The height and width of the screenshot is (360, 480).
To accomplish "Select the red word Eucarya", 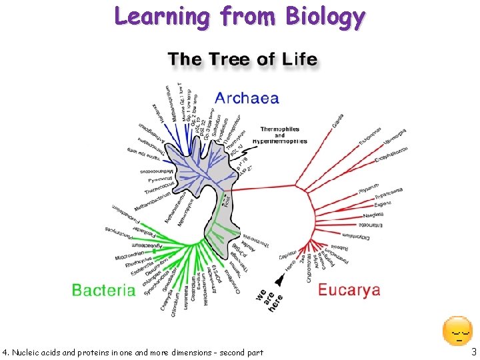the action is [349, 290].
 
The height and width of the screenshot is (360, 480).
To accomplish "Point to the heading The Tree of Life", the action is [243, 59].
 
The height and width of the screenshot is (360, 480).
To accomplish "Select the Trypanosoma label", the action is [389, 193].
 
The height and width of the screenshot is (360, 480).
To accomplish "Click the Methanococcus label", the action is [155, 172].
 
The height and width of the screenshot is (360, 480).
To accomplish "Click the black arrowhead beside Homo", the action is [279, 280].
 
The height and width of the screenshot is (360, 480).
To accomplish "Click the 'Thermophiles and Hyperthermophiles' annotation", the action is [283, 135].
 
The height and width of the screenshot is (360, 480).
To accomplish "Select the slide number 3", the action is [473, 351].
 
